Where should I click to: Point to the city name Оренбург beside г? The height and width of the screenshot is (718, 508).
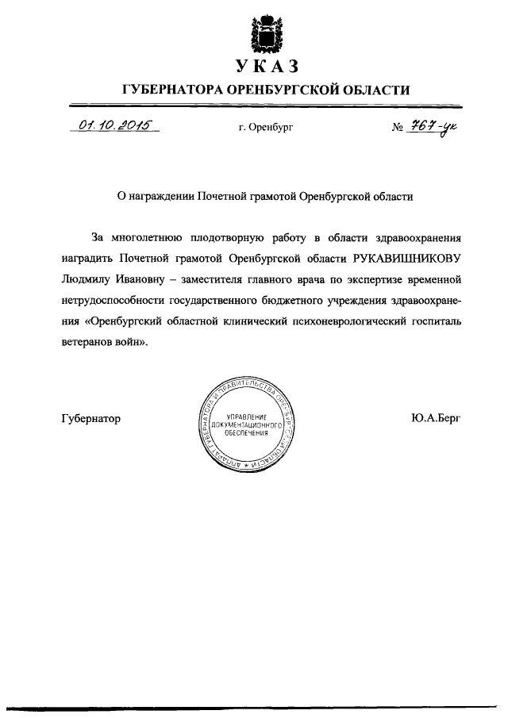click(270, 127)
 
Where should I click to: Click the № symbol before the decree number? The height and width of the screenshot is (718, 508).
click(398, 127)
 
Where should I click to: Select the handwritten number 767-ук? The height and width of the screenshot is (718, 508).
click(433, 125)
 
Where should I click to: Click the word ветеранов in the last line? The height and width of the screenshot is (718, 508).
click(87, 341)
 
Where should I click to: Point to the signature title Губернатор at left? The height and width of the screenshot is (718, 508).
click(90, 418)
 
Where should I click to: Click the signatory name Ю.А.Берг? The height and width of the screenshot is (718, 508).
click(436, 418)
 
